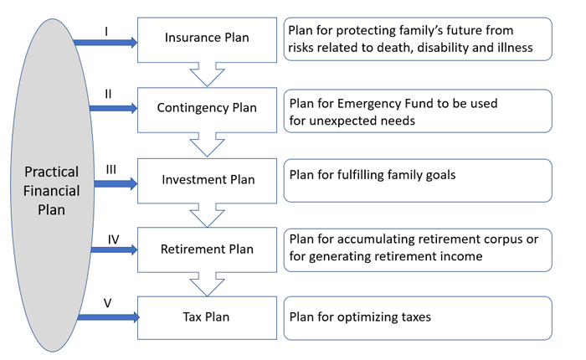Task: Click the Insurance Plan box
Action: pos(207,39)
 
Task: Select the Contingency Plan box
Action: pos(207,110)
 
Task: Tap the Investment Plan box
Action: pos(207,181)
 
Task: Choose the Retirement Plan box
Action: pos(207,249)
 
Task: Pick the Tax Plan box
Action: pos(207,318)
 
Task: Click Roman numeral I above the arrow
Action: pos(106,32)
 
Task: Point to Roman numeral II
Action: pos(108,94)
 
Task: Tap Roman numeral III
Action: pos(111,170)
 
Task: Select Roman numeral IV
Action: pos(113,239)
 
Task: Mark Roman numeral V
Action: pos(108,303)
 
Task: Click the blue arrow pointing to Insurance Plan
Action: pos(105,43)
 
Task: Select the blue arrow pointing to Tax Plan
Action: pos(108,317)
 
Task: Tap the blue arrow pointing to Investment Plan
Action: pos(116,184)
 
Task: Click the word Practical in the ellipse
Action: pos(52,172)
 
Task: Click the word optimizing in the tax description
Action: pos(368,317)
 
